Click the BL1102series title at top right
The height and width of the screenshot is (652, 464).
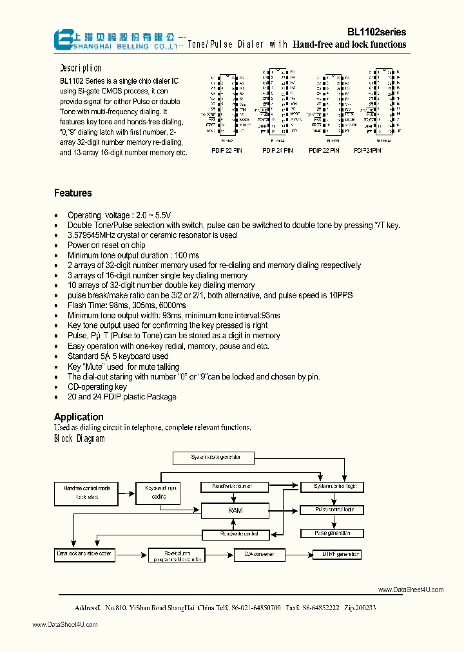(376, 31)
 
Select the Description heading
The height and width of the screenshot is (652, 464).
(81, 68)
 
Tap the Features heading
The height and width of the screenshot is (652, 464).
(73, 193)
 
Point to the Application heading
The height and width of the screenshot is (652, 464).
(79, 417)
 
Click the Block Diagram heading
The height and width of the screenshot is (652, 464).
(79, 439)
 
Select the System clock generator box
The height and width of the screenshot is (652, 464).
(216, 457)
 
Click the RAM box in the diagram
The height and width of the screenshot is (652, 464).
(235, 510)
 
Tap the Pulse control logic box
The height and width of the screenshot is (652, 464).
(334, 510)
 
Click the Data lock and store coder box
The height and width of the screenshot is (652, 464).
(84, 554)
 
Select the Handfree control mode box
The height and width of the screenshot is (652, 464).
(87, 492)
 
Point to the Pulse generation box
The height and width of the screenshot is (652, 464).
(332, 533)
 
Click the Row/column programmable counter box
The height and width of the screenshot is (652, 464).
(177, 555)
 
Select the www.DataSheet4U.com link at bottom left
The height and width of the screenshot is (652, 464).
(64, 624)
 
